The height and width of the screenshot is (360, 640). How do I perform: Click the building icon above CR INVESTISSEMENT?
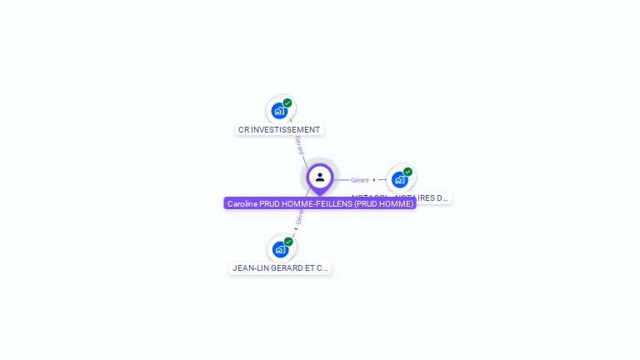(x=279, y=111)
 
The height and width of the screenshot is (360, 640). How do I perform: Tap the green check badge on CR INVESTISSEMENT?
(x=287, y=103)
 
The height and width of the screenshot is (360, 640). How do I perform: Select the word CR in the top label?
(x=243, y=130)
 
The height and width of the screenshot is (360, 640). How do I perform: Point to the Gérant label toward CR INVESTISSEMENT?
(x=298, y=145)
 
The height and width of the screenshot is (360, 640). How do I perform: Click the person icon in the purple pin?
(x=320, y=177)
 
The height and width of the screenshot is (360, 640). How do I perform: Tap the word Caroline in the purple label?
(x=242, y=204)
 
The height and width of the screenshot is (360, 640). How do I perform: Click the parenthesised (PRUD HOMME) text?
(x=383, y=204)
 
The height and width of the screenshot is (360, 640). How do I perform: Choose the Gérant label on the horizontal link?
(x=359, y=180)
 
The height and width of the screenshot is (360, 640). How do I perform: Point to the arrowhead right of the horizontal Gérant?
(x=374, y=180)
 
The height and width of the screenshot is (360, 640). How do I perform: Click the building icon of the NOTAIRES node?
(x=400, y=179)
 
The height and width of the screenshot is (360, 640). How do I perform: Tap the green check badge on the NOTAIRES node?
(x=407, y=172)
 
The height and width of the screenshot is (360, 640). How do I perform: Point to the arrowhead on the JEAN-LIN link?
(x=296, y=228)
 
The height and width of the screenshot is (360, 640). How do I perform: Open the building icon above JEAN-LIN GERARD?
(x=280, y=249)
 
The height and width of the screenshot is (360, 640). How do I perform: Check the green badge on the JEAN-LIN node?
(x=288, y=242)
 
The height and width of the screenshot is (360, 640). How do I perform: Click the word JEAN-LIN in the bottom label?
(x=250, y=268)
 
